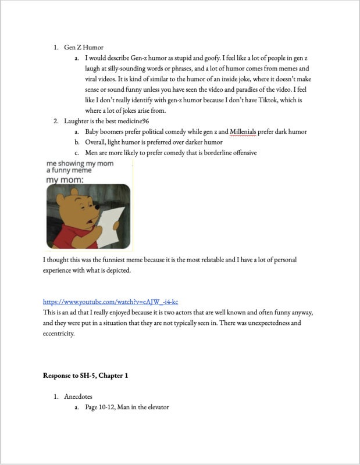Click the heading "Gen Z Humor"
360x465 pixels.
(x=84, y=48)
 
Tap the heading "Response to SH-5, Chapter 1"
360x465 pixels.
(x=85, y=375)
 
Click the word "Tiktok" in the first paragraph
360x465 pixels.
(x=266, y=101)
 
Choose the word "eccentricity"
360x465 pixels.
(x=60, y=334)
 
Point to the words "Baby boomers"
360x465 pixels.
(x=106, y=132)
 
